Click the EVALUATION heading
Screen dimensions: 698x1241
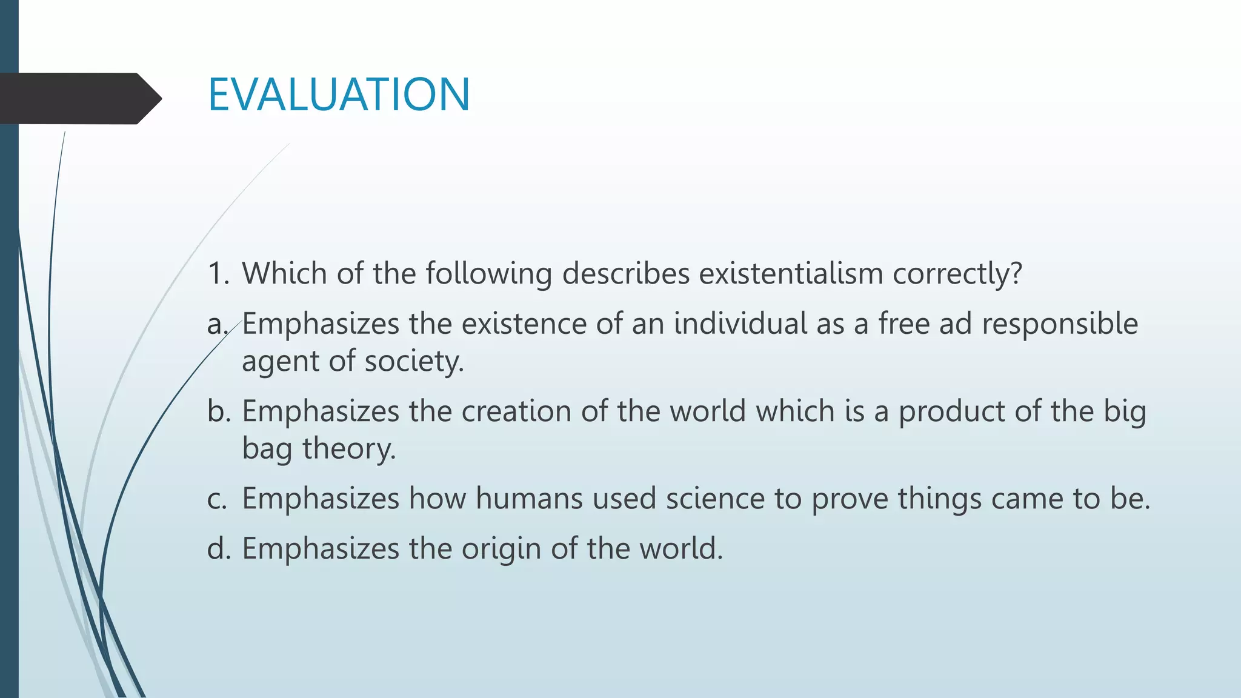tap(339, 95)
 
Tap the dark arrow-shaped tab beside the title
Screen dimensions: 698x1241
tap(79, 98)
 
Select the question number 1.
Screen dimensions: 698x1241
tap(217, 273)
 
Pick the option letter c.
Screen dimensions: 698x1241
tap(217, 499)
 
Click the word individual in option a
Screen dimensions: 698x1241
tap(740, 324)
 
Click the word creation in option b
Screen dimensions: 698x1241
tap(516, 411)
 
